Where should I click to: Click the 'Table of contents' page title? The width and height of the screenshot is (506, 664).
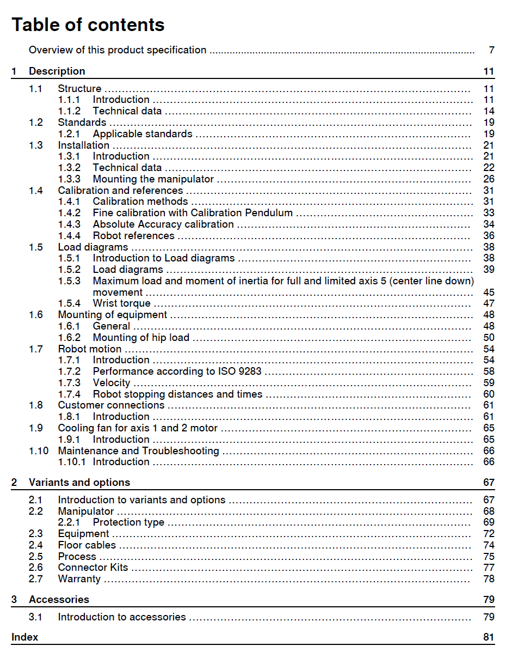[x=88, y=25]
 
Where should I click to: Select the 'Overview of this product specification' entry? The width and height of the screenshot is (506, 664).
[x=118, y=50]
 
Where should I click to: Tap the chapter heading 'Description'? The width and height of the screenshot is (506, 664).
[x=57, y=71]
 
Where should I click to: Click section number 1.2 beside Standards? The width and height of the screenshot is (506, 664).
[x=36, y=123]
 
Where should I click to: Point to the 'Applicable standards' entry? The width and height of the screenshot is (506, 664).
[x=143, y=134]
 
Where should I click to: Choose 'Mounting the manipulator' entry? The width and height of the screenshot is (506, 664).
[x=153, y=179]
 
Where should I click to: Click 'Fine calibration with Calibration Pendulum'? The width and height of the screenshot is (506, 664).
[x=193, y=213]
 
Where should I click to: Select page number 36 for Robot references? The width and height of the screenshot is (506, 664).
[x=489, y=236]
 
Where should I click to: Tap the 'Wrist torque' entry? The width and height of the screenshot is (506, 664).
[x=122, y=303]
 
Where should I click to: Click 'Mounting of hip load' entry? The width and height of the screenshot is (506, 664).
[x=141, y=338]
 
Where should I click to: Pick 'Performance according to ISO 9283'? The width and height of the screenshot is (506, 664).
[x=177, y=371]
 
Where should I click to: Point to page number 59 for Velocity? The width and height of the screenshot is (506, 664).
[x=489, y=383]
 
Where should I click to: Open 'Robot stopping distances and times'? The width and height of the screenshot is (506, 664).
[x=177, y=394]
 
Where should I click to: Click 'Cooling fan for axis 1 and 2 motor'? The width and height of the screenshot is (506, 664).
[x=138, y=428]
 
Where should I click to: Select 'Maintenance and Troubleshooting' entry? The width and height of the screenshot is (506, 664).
[x=138, y=451]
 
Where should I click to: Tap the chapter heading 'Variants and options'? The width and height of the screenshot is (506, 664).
[x=79, y=483]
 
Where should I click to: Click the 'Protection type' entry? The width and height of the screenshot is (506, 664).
[x=128, y=522]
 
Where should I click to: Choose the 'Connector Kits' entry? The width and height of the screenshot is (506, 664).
[x=93, y=568]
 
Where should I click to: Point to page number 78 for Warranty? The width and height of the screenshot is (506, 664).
[x=489, y=579]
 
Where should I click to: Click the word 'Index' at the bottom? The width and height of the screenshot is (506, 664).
[x=25, y=637]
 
